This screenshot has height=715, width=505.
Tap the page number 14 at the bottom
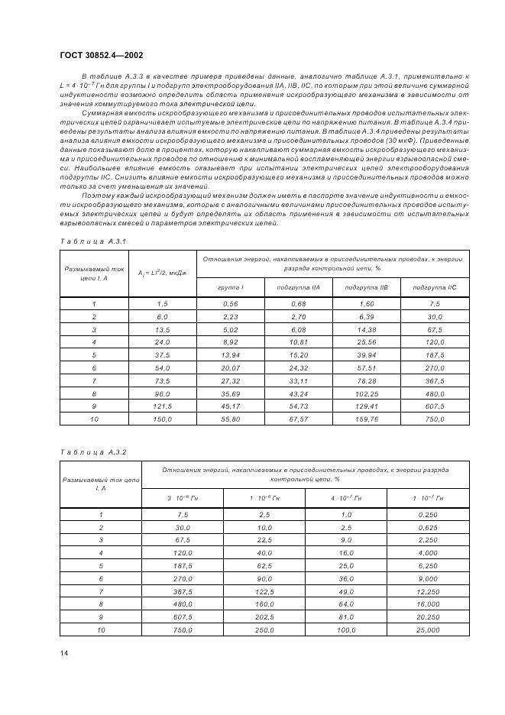pos(63,653)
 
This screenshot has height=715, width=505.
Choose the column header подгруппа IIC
pos(435,287)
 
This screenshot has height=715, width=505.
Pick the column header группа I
pos(231,287)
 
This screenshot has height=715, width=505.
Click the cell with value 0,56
pos(231,304)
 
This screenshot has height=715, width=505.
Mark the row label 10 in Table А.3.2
pos(100,630)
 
